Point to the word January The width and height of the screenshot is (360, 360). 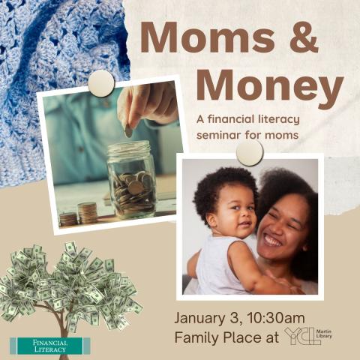[208, 315]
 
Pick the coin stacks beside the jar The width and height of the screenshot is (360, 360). [79, 214]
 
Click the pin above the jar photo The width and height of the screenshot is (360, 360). [100, 83]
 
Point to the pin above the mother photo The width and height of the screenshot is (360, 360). [249, 152]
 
